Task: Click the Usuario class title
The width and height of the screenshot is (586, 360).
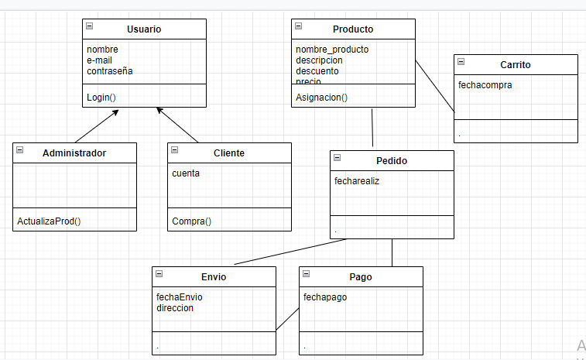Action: coord(144,29)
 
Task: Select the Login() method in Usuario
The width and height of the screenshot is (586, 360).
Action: coord(101,98)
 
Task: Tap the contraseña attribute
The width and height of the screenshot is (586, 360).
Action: coord(111,71)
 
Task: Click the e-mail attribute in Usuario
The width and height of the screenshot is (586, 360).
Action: coord(101,60)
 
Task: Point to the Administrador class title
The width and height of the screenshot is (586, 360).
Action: coord(74,153)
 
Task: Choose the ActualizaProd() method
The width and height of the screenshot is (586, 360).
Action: coord(49,221)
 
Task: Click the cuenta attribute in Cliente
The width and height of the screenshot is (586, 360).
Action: coord(186,173)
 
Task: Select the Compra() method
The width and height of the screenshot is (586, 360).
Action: coord(191,221)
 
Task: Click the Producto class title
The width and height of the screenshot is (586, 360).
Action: coord(353,29)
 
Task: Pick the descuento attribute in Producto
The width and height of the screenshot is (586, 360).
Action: coord(317,71)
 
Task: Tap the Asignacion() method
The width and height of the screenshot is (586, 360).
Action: coord(322,98)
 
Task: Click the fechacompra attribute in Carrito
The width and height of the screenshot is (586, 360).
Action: coord(485,85)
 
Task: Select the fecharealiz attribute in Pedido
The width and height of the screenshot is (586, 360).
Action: coord(357,181)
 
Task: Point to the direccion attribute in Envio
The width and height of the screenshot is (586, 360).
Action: coord(175,308)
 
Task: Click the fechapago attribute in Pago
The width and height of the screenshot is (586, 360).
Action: coord(324,297)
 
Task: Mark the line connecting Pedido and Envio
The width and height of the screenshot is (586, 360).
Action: coord(290,252)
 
